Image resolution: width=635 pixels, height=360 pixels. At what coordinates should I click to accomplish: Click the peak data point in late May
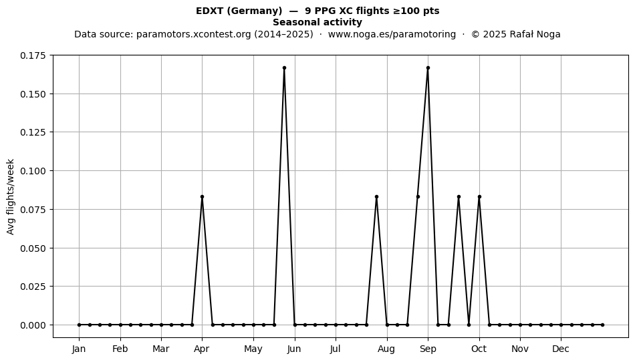tap(284, 68)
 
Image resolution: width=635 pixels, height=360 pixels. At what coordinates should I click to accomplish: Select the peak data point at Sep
tap(428, 68)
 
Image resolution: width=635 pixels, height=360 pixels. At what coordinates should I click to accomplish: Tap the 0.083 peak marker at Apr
tap(202, 196)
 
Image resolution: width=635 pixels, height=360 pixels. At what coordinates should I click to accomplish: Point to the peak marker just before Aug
tap(376, 196)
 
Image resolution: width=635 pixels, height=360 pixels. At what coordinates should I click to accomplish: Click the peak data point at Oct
tap(479, 196)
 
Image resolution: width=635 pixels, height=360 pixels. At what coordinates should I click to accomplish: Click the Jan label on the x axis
tap(79, 349)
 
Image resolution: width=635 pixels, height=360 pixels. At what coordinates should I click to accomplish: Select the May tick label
tap(253, 349)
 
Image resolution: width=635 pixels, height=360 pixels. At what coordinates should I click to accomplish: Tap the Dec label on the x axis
tap(561, 349)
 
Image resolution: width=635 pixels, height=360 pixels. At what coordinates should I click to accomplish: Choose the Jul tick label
tap(336, 349)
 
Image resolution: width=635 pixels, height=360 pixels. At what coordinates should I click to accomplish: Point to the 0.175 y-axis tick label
tap(33, 55)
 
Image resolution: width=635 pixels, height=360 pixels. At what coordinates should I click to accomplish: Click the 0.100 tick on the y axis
tap(33, 171)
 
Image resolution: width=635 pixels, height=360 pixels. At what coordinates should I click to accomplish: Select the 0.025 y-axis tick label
tap(33, 287)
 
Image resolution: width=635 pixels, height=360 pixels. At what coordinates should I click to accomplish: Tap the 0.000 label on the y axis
tap(33, 325)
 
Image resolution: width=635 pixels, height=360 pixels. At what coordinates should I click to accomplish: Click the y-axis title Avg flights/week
tap(11, 196)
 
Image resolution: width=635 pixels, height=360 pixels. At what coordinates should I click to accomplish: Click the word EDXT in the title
tap(209, 11)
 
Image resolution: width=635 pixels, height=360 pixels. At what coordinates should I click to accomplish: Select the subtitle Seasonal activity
tap(317, 22)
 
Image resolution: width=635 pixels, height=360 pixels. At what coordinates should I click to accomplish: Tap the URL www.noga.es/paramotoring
tap(392, 34)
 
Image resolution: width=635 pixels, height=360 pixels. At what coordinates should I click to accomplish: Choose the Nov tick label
tap(520, 349)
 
